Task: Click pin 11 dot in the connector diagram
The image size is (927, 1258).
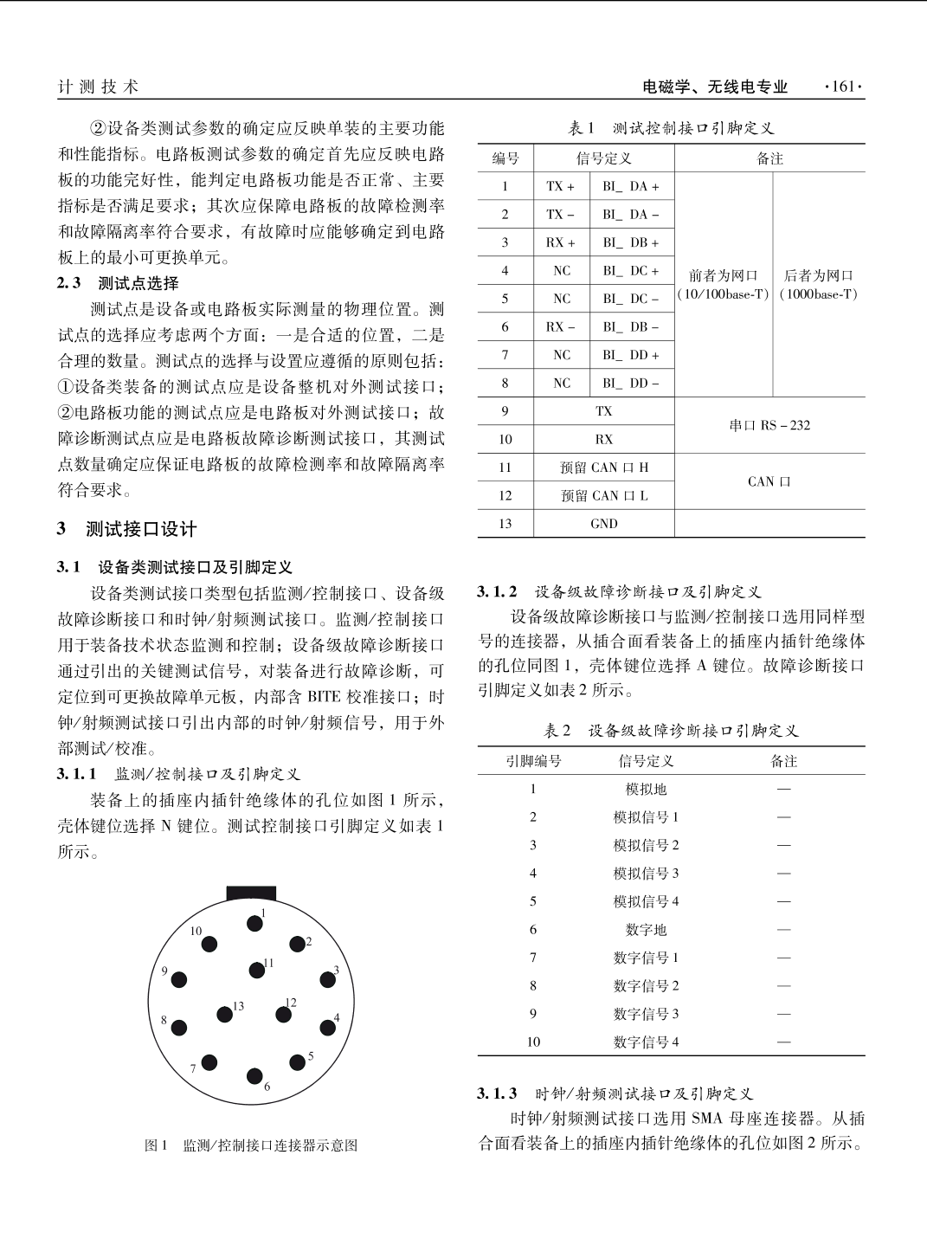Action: (257, 971)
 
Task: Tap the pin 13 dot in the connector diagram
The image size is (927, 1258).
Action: (224, 1015)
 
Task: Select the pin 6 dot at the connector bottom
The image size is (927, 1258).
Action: (254, 1076)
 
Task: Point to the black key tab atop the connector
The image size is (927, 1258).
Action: (251, 893)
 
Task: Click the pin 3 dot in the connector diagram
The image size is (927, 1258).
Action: (327, 979)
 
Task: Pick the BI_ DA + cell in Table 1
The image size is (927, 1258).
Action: (631, 186)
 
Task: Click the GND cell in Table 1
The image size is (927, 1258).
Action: (603, 524)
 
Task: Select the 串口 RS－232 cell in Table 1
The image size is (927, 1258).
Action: (769, 425)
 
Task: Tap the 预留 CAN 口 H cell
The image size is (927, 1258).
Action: (603, 468)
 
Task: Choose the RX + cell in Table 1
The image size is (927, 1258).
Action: (560, 242)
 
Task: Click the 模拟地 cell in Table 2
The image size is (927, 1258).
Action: (646, 790)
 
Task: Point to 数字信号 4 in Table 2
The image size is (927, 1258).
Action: (646, 1042)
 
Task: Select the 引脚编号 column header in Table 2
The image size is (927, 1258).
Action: (533, 761)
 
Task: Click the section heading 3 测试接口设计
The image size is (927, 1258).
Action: (127, 529)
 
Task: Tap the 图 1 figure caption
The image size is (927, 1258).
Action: (250, 1145)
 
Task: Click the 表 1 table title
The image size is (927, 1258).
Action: (671, 128)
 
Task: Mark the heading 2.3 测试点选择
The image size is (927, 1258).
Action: (118, 283)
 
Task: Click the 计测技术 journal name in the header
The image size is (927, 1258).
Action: (98, 87)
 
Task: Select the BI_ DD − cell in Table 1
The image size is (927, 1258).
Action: (631, 384)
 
